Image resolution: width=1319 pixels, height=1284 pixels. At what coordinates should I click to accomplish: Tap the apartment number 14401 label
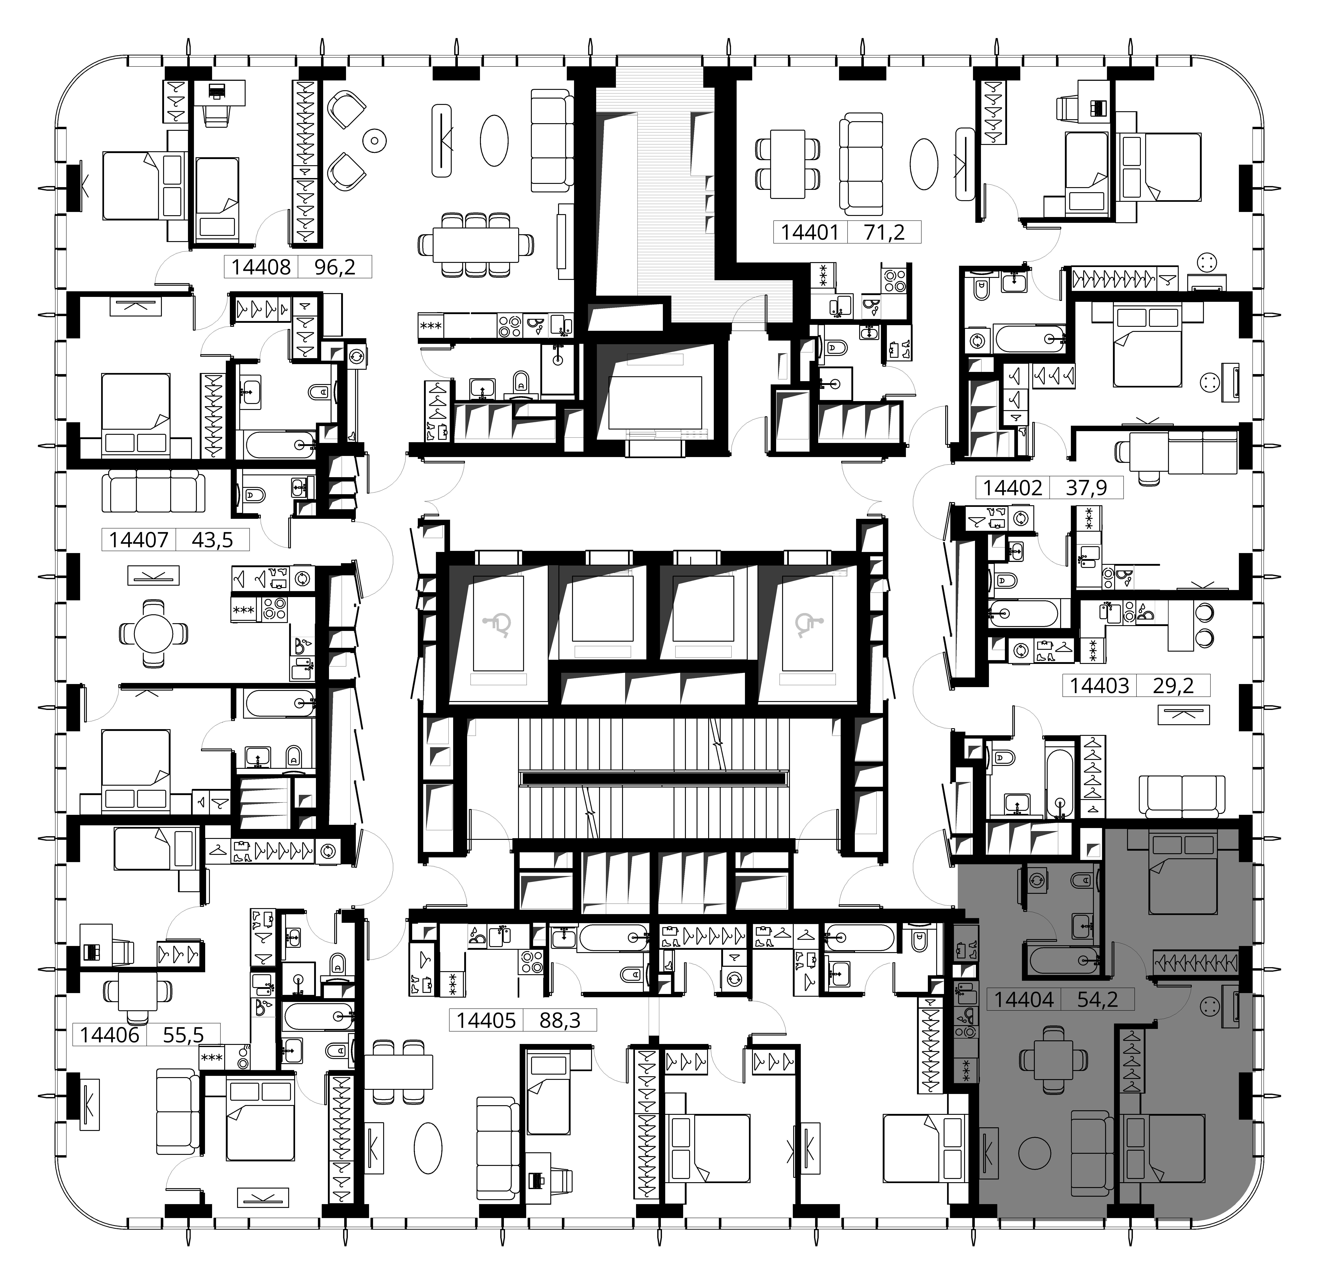point(810,233)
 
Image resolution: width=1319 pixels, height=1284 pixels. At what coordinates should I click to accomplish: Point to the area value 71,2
point(884,233)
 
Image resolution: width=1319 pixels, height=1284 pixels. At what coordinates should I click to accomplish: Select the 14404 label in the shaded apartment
point(1024,999)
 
